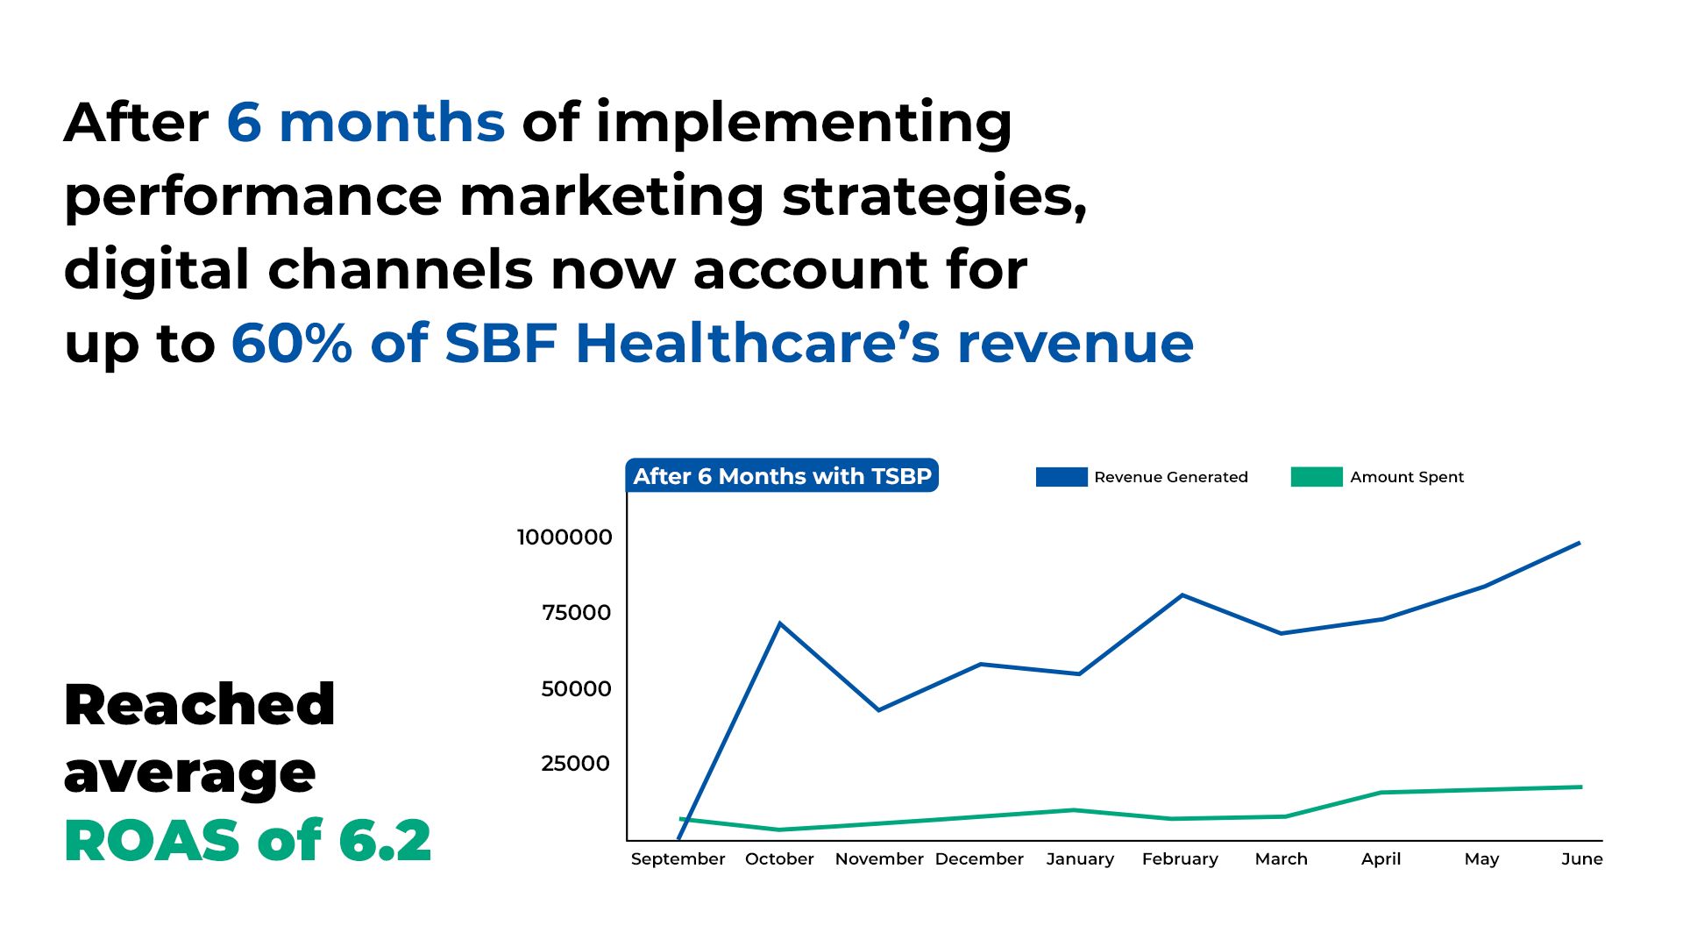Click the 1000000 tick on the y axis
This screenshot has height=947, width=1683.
coord(565,537)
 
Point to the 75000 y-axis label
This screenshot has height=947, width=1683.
coord(576,612)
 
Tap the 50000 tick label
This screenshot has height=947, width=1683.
coord(576,688)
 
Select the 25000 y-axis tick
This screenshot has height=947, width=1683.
coord(575,763)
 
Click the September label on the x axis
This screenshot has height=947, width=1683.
coord(678,859)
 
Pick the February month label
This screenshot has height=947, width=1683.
coord(1180,859)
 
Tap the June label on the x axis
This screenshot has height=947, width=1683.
coord(1581,859)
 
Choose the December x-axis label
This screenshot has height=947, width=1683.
coord(979,859)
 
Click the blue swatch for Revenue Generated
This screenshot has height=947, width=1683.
coord(1062,477)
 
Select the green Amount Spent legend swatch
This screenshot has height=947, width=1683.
coord(1317,477)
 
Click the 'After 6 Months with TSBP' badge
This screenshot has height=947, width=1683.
coord(782,475)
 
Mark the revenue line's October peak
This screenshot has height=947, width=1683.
coord(780,623)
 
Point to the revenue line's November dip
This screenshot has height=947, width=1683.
coord(878,709)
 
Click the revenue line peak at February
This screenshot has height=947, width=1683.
coord(1182,595)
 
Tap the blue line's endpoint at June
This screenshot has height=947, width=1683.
coord(1580,543)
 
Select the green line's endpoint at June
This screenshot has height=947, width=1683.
coord(1581,787)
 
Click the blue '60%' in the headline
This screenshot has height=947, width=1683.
coord(292,343)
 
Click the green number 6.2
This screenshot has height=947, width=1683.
coord(385,840)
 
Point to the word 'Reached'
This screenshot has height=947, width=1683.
coord(200,704)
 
